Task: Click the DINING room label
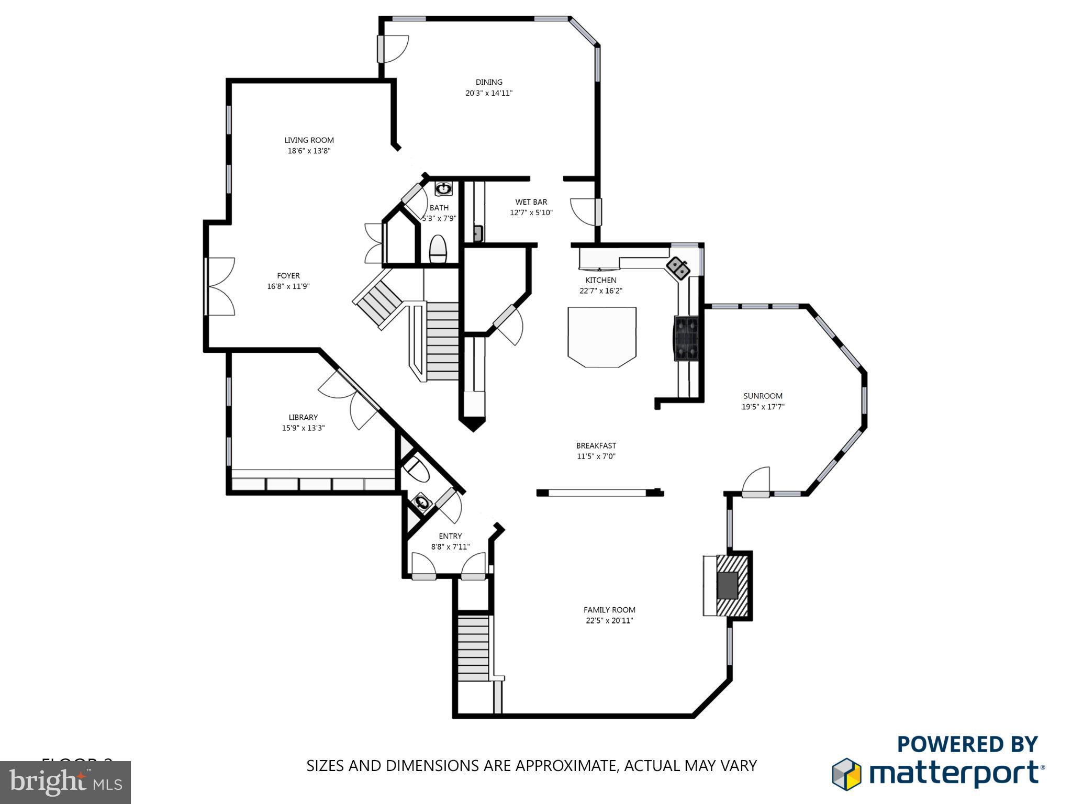[x=489, y=82]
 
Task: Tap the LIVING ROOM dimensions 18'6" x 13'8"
[x=309, y=151]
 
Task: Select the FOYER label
[x=288, y=276]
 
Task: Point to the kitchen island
[x=602, y=337]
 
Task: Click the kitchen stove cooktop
[x=687, y=339]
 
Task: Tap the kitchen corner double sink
[x=678, y=268]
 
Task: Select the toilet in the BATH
[x=438, y=250]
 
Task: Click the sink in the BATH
[x=443, y=188]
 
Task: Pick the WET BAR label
[x=531, y=202]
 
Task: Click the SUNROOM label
[x=763, y=396]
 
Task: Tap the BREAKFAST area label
[x=596, y=446]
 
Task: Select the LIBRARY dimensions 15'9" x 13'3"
[x=303, y=428]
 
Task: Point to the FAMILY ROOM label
[x=609, y=610]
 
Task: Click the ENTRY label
[x=450, y=536]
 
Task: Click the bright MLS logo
[x=65, y=782]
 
